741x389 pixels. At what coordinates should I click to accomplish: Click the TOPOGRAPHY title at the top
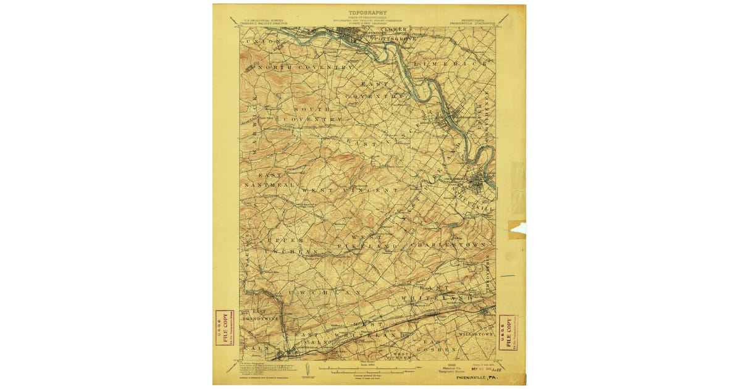click(x=368, y=12)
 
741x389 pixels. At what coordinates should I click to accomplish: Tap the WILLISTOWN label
click(x=476, y=333)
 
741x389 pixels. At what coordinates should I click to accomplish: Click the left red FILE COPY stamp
click(x=221, y=328)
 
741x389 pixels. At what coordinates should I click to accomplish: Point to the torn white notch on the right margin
click(x=519, y=229)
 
